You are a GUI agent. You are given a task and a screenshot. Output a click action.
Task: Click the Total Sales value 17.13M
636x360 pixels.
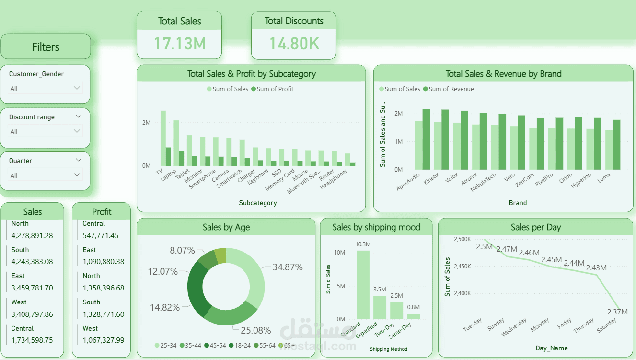point(180,43)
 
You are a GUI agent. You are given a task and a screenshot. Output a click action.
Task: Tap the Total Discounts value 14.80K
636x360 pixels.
point(294,43)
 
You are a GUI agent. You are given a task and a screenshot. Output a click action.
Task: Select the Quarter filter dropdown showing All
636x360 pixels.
point(46,175)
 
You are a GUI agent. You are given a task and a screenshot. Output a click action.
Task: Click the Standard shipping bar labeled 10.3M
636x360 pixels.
point(363,285)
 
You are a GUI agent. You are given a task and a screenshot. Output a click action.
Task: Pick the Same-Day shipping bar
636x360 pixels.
point(413,316)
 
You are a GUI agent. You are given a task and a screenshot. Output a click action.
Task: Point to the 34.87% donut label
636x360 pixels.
point(288,267)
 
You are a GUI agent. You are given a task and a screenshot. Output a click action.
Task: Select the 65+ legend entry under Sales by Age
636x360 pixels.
point(287,345)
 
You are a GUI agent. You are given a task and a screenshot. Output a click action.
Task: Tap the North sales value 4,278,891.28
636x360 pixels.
point(32,235)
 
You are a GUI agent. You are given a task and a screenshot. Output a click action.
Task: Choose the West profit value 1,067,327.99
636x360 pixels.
point(104,340)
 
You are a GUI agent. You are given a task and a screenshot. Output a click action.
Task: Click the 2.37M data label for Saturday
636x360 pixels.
point(617,312)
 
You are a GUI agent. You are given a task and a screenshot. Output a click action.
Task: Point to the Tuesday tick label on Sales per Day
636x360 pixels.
point(473,325)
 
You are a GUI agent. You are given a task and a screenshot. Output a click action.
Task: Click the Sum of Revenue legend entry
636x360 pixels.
point(451,89)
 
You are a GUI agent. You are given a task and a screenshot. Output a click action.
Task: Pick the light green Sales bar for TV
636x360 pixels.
point(163,138)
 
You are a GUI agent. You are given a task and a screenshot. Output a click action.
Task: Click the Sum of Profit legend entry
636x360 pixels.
point(275,89)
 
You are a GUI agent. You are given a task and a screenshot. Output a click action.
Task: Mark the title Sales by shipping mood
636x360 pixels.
point(376,227)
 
